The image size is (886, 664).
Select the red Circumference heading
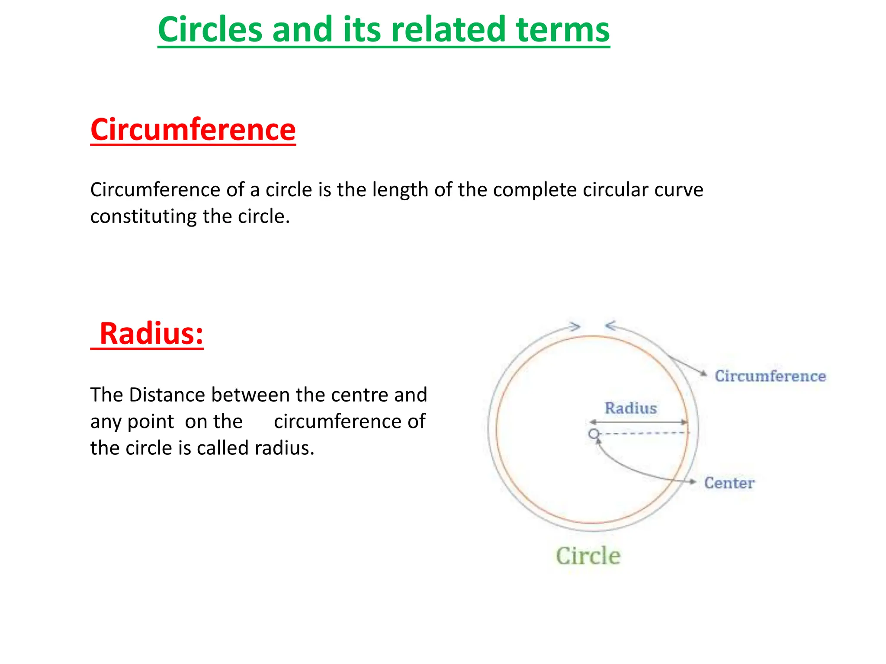[x=193, y=130]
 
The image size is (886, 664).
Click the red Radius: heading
[x=151, y=334]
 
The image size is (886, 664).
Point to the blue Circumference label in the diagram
[x=770, y=376]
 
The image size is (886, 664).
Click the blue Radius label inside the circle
[x=630, y=408]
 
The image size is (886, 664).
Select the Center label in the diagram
[x=729, y=483]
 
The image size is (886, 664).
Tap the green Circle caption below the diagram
[x=588, y=556]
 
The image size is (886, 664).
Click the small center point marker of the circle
[x=594, y=434]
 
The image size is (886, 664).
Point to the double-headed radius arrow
[x=638, y=422]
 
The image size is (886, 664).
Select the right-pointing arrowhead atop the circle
[x=575, y=326]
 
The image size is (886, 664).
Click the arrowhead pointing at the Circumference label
[x=704, y=374]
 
